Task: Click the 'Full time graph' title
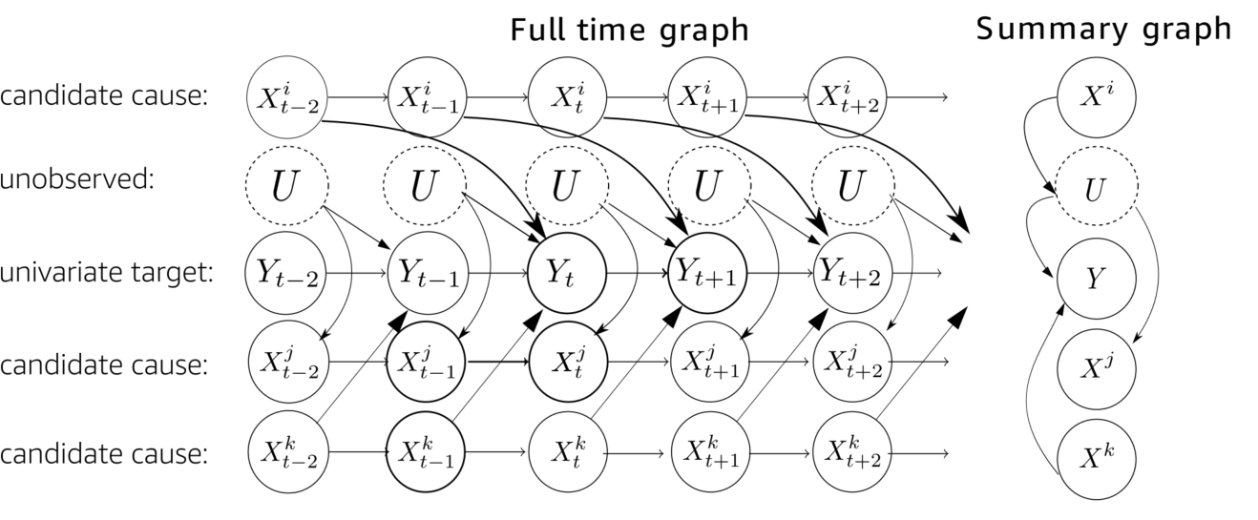(629, 31)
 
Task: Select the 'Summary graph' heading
(1103, 30)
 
